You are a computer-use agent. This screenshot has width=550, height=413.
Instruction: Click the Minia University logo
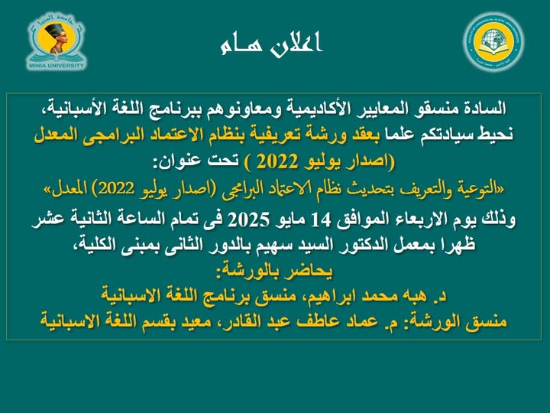[x=56, y=41]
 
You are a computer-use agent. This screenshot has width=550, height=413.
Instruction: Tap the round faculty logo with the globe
[x=493, y=42]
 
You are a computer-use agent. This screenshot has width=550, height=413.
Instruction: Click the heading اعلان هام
[x=271, y=44]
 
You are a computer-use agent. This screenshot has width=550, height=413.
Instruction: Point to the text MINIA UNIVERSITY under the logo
[x=56, y=65]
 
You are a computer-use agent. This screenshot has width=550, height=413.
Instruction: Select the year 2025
[x=249, y=220]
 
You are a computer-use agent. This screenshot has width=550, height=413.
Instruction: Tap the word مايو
[x=290, y=220]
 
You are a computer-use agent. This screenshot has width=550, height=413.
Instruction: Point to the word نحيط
[x=495, y=135]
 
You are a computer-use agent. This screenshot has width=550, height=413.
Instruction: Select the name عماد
[x=367, y=321]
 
